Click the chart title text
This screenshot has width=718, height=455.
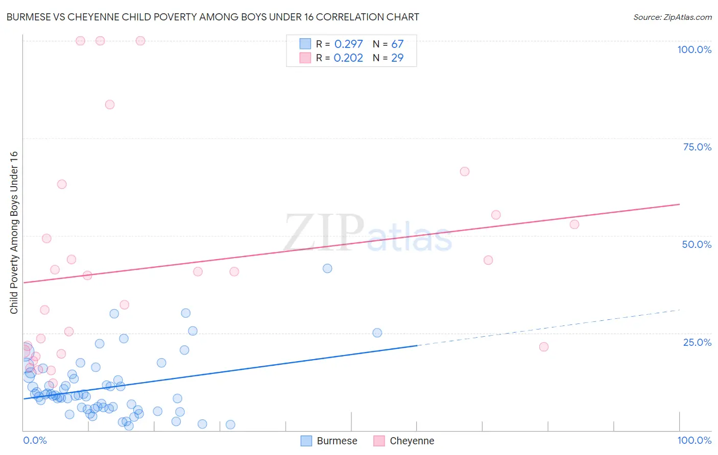pyautogui.click(x=212, y=17)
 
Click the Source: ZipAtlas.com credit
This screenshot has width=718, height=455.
pyautogui.click(x=672, y=17)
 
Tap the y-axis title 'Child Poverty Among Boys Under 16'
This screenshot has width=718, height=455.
pyautogui.click(x=14, y=233)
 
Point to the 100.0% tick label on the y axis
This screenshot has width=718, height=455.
pyautogui.click(x=694, y=49)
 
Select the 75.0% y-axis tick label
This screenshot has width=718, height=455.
pyautogui.click(x=697, y=147)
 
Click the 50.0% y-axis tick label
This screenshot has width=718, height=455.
pyautogui.click(x=697, y=244)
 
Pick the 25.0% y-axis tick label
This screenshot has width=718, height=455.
pyautogui.click(x=697, y=342)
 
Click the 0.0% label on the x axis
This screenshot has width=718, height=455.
pyautogui.click(x=35, y=440)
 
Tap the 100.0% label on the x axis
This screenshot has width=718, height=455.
pyautogui.click(x=694, y=440)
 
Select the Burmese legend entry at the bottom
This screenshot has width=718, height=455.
pyautogui.click(x=329, y=441)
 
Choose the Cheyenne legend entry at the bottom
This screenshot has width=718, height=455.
pyautogui.click(x=403, y=441)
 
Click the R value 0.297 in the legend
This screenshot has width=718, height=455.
pyautogui.click(x=348, y=44)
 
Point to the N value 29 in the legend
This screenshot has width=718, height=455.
pyautogui.click(x=397, y=58)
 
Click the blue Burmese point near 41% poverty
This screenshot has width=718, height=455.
pyautogui.click(x=327, y=268)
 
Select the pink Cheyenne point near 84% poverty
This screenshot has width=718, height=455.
pyautogui.click(x=110, y=105)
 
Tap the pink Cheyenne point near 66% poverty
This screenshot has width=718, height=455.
pyautogui.click(x=465, y=171)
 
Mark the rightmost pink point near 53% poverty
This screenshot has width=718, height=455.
pyautogui.click(x=575, y=224)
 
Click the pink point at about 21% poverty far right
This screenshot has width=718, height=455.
pyautogui.click(x=544, y=347)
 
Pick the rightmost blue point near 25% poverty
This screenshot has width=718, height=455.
pyautogui.click(x=377, y=333)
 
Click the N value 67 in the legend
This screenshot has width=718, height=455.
pyautogui.click(x=397, y=44)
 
